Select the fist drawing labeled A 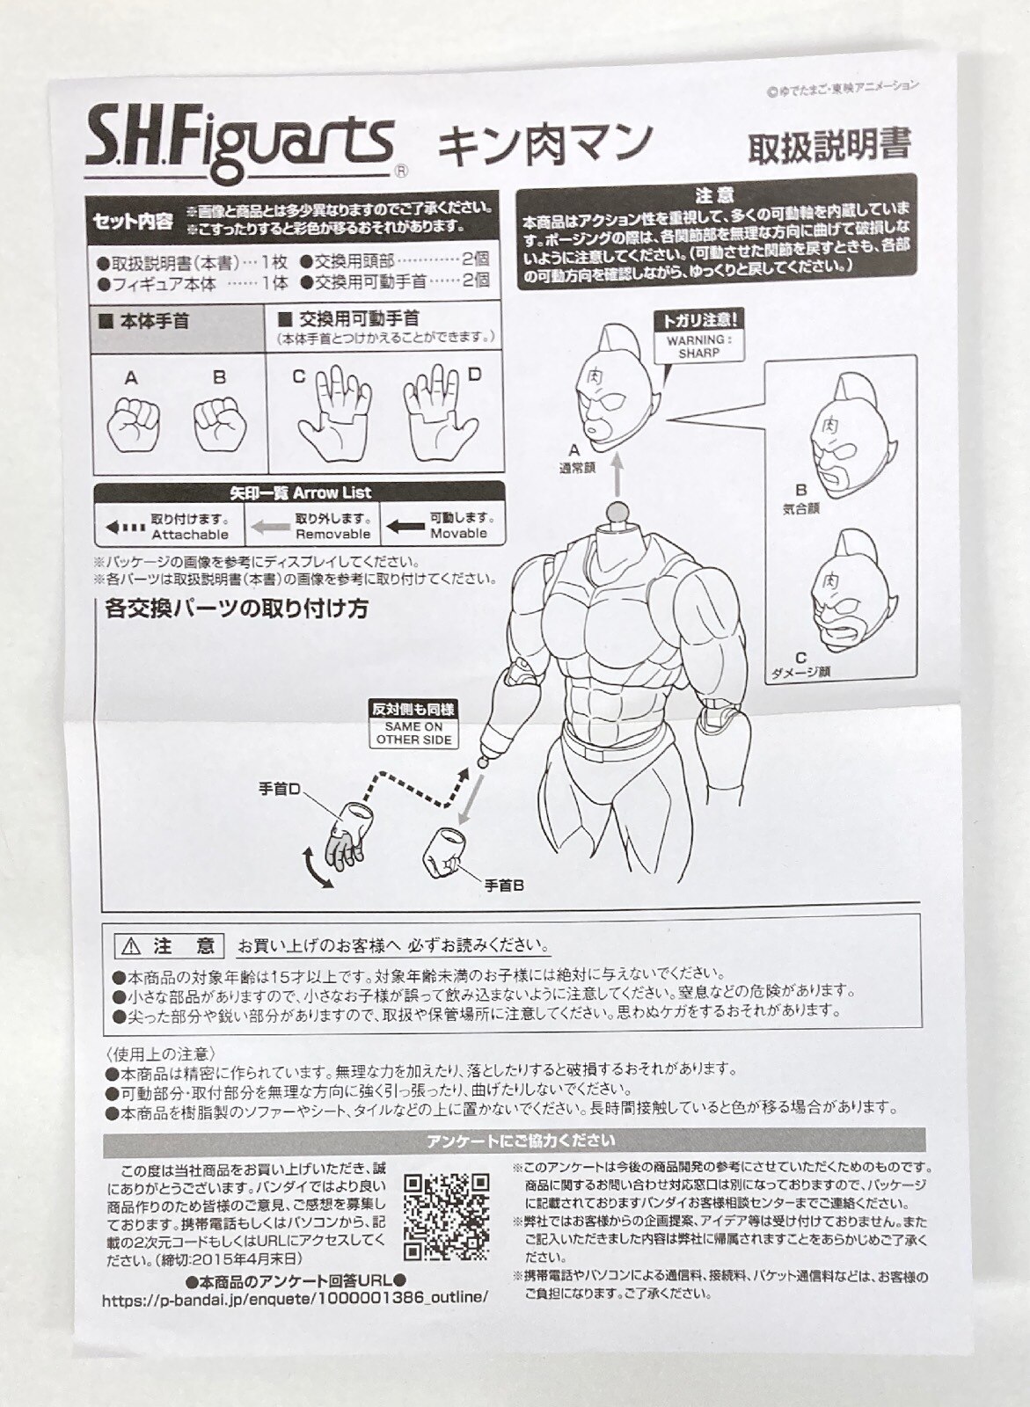[x=133, y=424]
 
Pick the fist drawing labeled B [x=219, y=424]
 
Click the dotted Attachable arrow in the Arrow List [x=124, y=527]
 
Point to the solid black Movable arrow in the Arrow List [x=405, y=526]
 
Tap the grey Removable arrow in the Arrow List [x=270, y=527]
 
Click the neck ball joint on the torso [x=617, y=511]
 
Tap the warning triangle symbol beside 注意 [x=131, y=945]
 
